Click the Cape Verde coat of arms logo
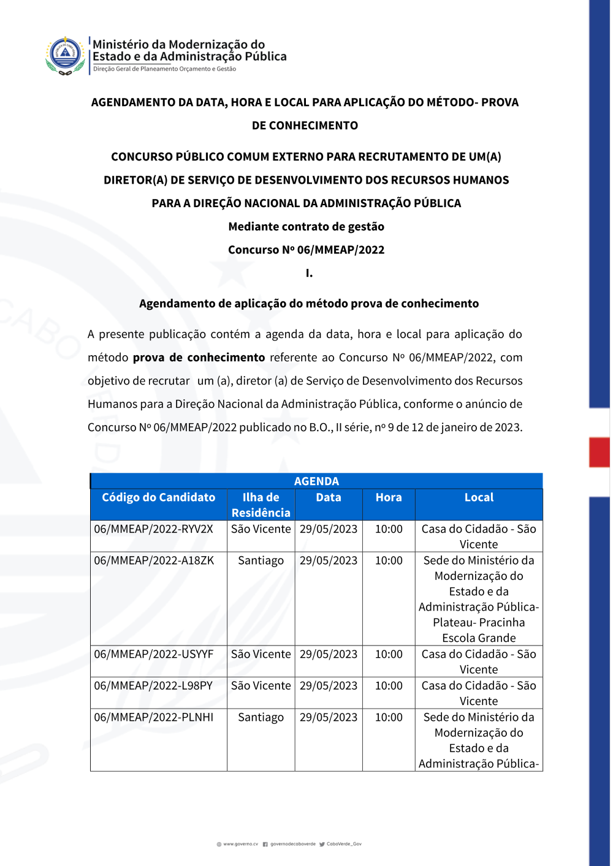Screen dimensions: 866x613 [65, 55]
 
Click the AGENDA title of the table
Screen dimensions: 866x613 [316, 481]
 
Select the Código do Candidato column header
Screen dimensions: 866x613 [158, 498]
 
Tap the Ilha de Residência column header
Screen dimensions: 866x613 [261, 505]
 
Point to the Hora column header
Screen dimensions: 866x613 [389, 498]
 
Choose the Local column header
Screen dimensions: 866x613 [479, 498]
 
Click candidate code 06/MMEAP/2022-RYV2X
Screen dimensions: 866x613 [153, 529]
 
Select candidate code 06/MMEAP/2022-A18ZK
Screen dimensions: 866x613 [154, 560]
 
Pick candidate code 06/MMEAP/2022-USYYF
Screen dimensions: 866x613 [153, 654]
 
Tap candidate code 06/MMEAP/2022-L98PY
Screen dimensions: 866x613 [153, 686]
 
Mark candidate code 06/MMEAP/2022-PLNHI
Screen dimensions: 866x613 [153, 717]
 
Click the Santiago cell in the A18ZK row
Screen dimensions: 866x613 [261, 560]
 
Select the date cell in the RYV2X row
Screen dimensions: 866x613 [328, 529]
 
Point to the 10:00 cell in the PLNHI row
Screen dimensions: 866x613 [389, 717]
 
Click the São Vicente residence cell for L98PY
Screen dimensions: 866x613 [261, 686]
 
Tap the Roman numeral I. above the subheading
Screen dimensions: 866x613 [309, 273]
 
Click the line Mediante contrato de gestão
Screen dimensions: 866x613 [306, 227]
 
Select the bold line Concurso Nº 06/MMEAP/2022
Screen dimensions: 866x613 [306, 250]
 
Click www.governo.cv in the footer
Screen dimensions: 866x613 [240, 844]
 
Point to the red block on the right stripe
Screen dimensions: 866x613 [599, 452]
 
